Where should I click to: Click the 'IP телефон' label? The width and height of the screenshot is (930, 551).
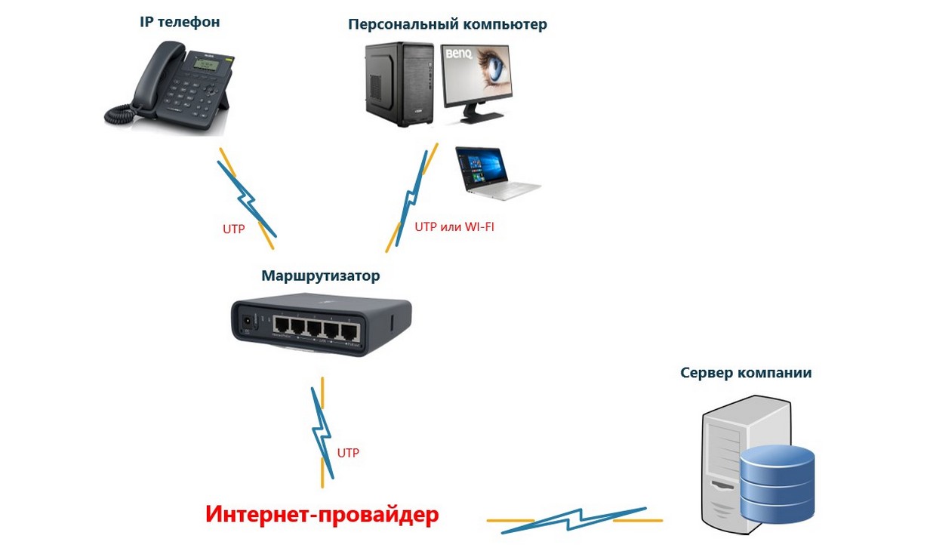tap(180, 22)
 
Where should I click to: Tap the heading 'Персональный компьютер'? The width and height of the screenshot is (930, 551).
tap(447, 24)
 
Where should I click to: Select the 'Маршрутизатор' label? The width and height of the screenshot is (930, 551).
tap(320, 275)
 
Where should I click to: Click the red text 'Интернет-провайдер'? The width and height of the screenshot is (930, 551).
tap(322, 515)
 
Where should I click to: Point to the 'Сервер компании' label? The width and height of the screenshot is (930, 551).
tap(746, 373)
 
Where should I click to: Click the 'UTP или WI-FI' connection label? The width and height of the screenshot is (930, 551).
tap(454, 226)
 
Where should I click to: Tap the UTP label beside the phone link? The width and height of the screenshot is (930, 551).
tap(233, 229)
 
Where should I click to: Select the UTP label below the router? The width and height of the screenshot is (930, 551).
tap(348, 453)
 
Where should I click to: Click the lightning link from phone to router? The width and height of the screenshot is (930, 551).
tap(246, 198)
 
